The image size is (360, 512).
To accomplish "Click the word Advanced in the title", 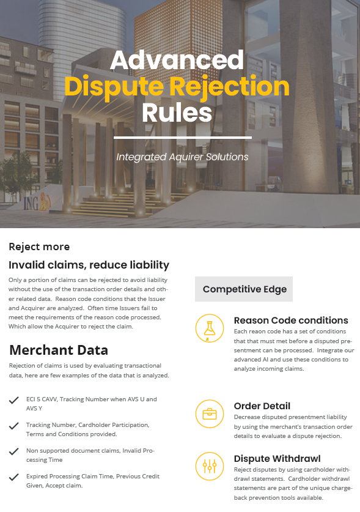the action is [177, 60].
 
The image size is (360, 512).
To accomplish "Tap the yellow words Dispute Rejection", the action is [177, 86].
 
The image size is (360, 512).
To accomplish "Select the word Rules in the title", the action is [177, 113].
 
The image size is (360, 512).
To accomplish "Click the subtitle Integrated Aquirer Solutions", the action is [182, 157].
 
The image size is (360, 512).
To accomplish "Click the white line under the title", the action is [183, 138].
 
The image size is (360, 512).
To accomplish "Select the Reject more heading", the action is [39, 247].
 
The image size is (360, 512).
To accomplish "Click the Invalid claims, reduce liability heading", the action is [89, 265].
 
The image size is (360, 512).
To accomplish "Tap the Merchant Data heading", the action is [59, 350].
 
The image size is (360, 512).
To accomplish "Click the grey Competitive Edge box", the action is [244, 289].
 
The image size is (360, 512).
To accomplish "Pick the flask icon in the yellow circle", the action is [210, 328].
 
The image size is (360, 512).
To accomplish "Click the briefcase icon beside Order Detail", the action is [210, 414].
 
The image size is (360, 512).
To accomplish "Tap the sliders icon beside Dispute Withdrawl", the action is [210, 466].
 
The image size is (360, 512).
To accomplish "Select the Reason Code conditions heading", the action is [291, 321].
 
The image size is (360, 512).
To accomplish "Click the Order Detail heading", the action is [262, 406].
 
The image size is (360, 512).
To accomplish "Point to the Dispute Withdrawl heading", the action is [277, 459].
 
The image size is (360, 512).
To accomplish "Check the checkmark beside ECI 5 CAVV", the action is [13, 400].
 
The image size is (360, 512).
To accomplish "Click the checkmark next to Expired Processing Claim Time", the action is [13, 477].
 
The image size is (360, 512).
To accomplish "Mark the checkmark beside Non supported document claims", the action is [13, 451].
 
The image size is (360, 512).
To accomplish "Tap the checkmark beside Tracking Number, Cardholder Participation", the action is [13, 426].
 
